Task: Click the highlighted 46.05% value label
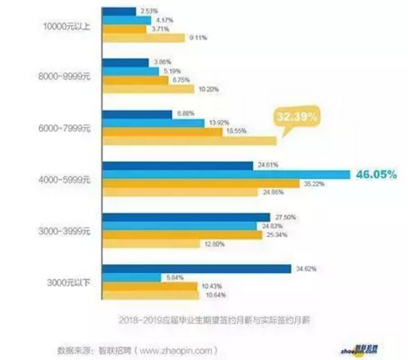click(x=373, y=174)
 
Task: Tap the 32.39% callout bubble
click(x=298, y=117)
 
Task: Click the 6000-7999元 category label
click(x=66, y=126)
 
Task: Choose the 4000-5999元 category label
click(x=66, y=179)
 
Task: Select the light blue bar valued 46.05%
click(x=224, y=174)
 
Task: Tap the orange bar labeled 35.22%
click(x=201, y=183)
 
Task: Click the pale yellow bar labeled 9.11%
click(x=143, y=38)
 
